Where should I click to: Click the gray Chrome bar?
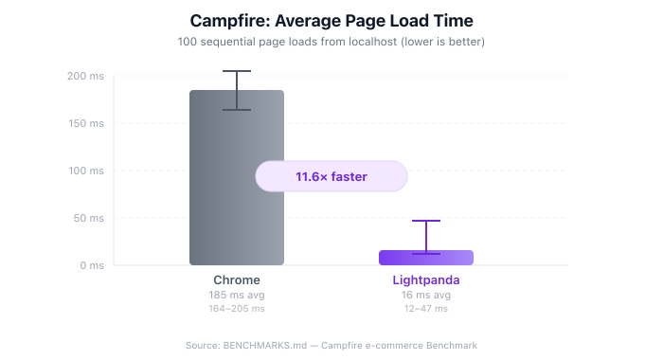[x=237, y=189]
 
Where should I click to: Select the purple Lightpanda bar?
[x=426, y=258]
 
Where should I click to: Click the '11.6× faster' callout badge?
[x=331, y=176]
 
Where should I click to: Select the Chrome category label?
[x=237, y=280]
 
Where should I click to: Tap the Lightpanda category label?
[x=426, y=280]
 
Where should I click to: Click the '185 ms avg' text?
[x=237, y=295]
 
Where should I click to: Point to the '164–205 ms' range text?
[x=237, y=308]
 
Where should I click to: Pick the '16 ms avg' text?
[x=426, y=295]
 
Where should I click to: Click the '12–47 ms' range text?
[x=426, y=308]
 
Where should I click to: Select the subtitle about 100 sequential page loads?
[x=331, y=43]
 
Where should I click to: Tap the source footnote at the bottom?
[x=331, y=346]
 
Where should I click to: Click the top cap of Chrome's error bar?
[x=237, y=71]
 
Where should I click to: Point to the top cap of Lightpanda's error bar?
[x=426, y=221]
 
